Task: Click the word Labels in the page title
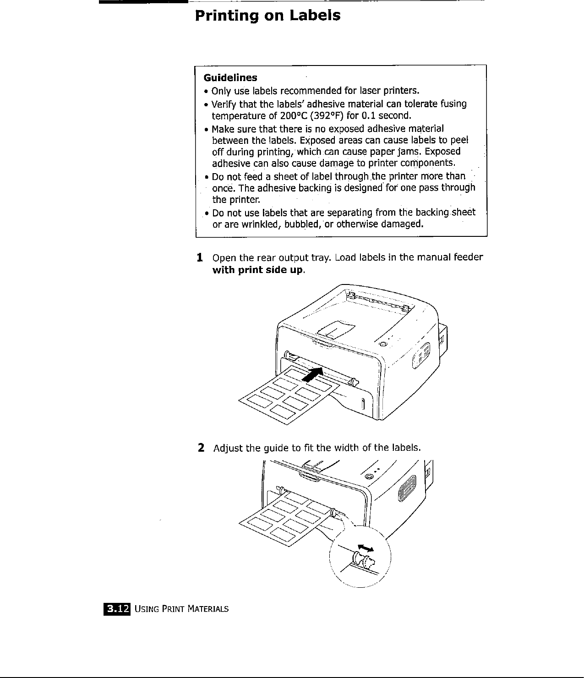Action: pyautogui.click(x=315, y=16)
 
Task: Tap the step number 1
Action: pyautogui.click(x=199, y=257)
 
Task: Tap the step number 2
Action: pyautogui.click(x=201, y=447)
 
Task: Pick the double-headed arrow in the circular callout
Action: pyautogui.click(x=365, y=547)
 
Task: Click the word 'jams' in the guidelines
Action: pyautogui.click(x=417, y=152)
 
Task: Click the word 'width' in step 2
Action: pyautogui.click(x=347, y=447)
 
